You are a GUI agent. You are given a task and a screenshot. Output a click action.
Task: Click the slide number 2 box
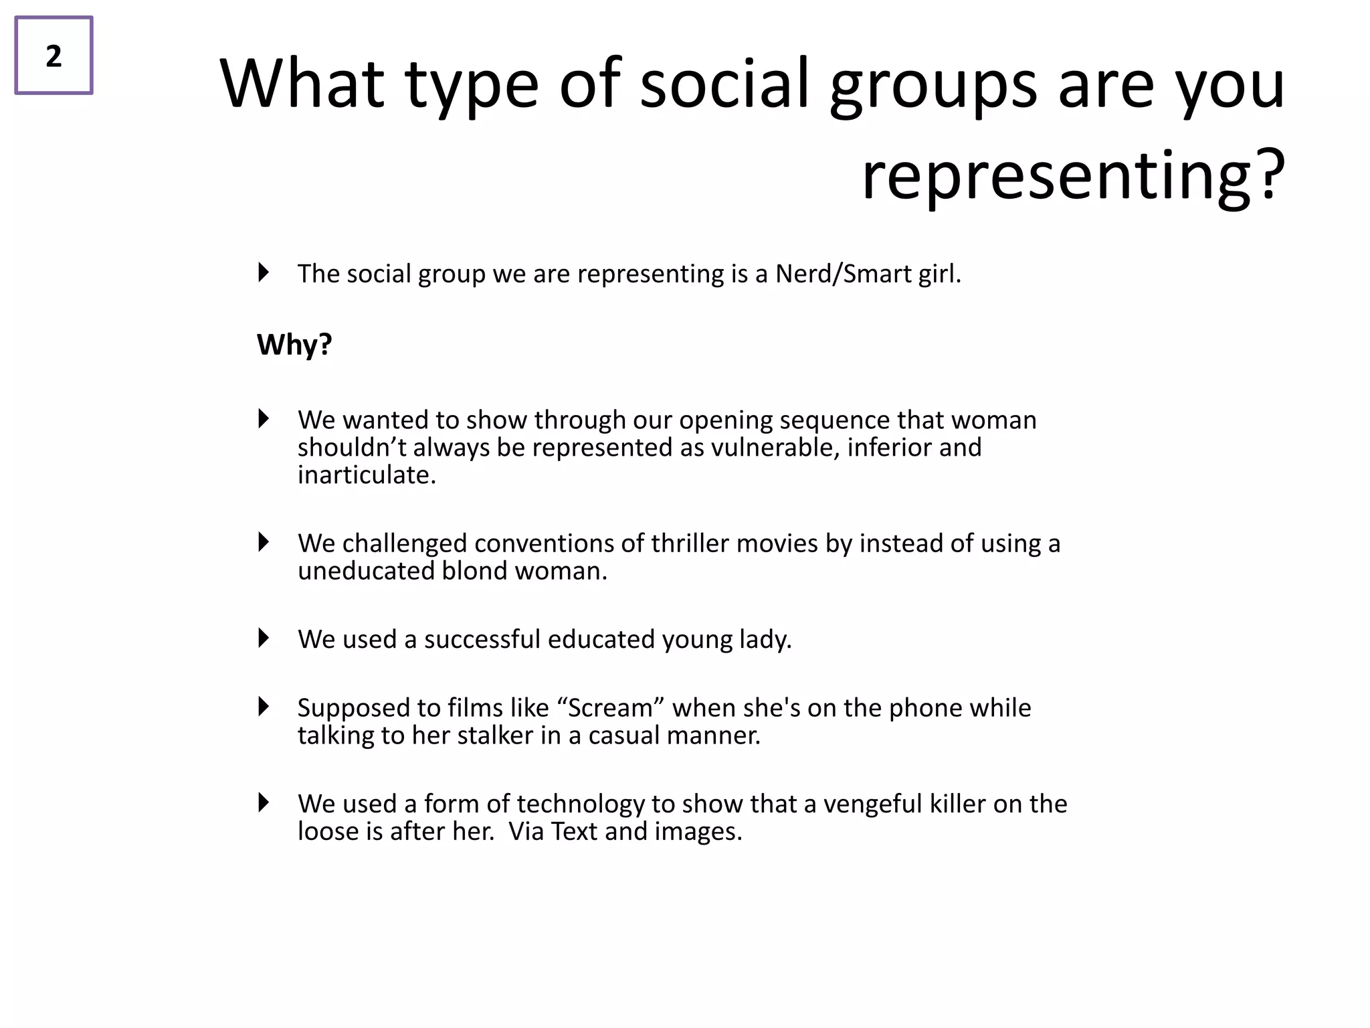[x=54, y=56]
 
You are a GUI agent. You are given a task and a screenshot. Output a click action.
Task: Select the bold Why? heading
[x=294, y=345]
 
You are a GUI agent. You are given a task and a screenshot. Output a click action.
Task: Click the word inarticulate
[x=367, y=475]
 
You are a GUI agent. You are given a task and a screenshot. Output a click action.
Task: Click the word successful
[x=482, y=639]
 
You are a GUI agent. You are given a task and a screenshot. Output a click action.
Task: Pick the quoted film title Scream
[x=609, y=707]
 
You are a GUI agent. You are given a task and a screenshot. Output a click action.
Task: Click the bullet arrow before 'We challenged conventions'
[x=264, y=542]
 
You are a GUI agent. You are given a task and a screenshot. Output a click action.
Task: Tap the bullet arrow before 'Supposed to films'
[x=264, y=707]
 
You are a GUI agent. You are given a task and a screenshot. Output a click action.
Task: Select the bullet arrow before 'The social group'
[x=264, y=272]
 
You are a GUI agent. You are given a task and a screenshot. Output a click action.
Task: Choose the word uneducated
[x=366, y=570]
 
